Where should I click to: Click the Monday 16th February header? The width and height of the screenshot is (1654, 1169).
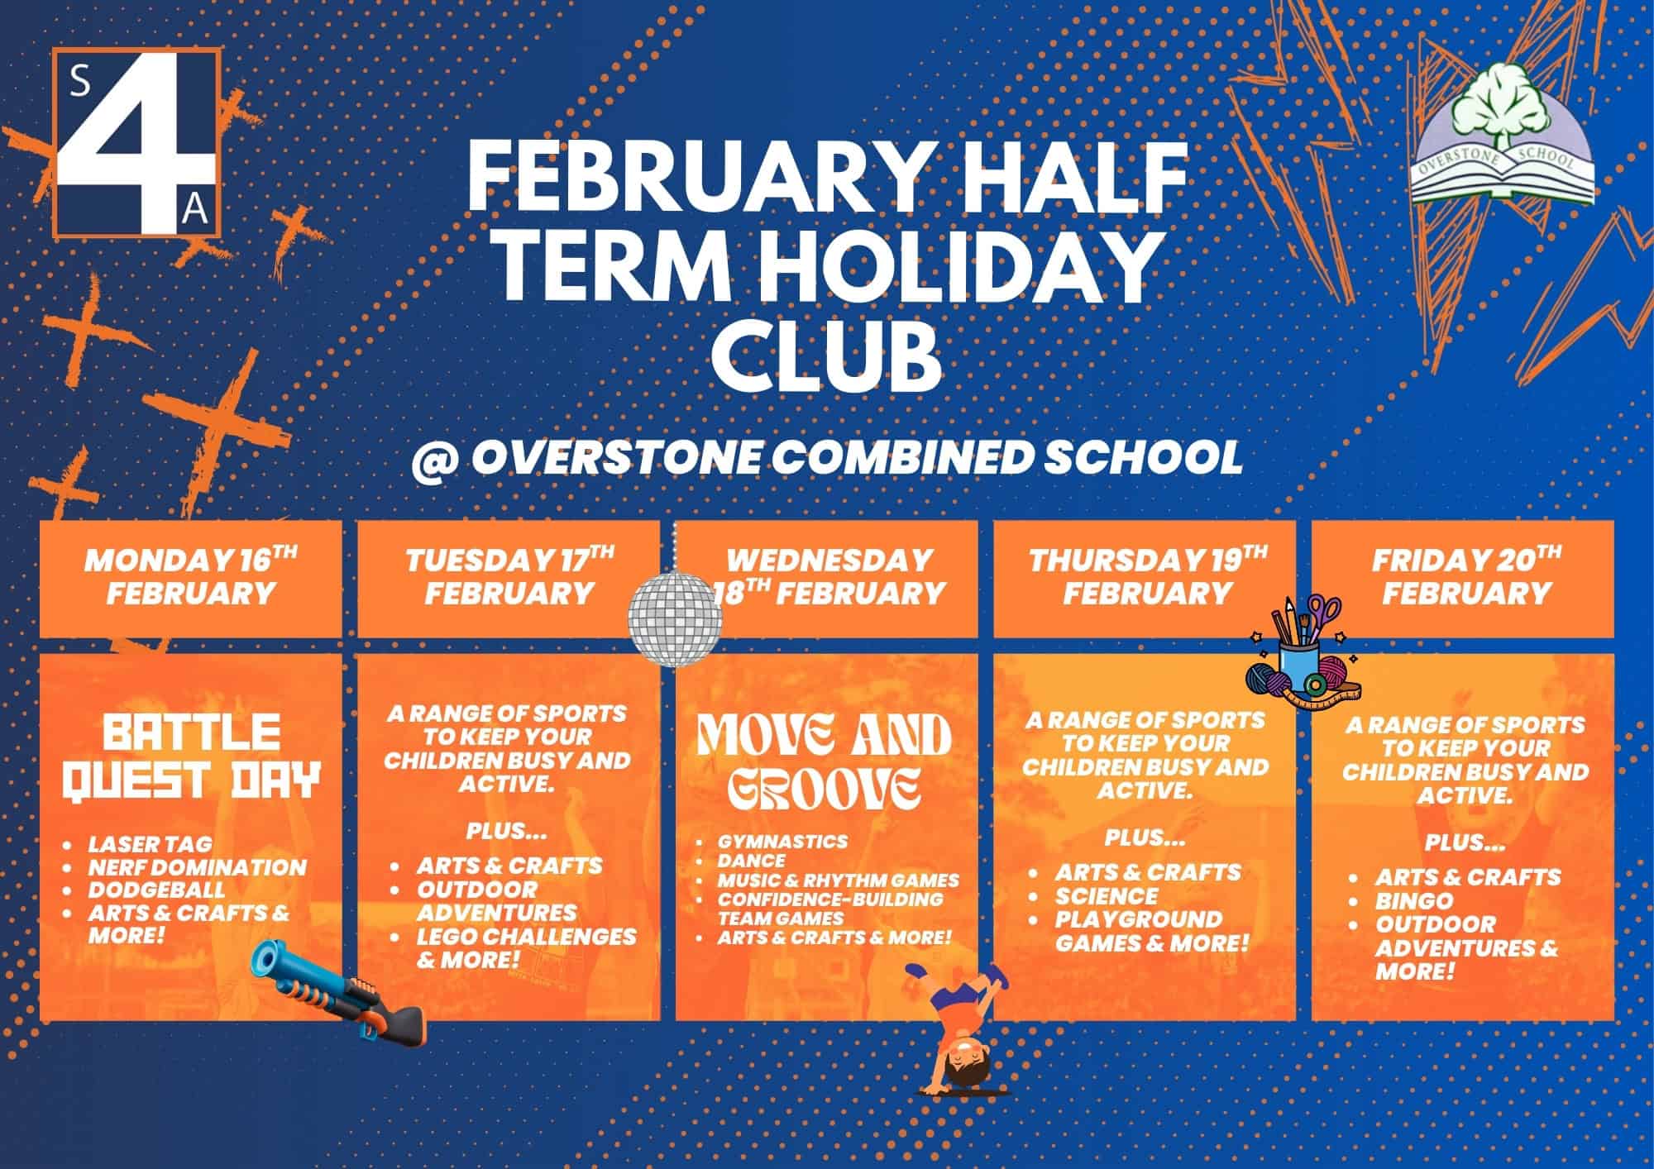tap(191, 576)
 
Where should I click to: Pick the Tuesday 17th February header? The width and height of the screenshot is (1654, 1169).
tap(509, 576)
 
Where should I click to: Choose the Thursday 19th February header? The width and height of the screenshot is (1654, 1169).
tap(1148, 576)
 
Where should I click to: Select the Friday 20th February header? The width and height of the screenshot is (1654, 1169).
tap(1466, 576)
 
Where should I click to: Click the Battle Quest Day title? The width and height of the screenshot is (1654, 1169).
tap(191, 757)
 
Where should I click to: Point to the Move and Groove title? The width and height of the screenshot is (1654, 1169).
tap(825, 761)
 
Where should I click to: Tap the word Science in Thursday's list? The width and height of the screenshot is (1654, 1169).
tap(1107, 895)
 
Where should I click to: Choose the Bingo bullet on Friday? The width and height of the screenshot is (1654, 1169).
tap(1413, 899)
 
